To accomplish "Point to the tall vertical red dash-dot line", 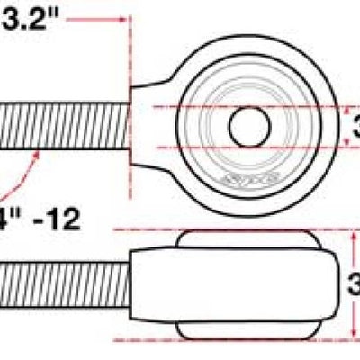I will pyautogui.click(x=131, y=108).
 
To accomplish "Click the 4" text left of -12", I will pyautogui.click(x=9, y=218).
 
